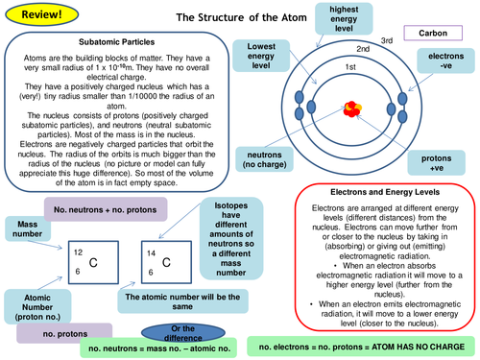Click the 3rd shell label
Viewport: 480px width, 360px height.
[413, 40]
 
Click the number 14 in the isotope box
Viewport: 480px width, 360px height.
[152, 252]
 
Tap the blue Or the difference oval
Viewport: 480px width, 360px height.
[176, 331]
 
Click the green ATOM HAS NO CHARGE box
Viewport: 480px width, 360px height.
[361, 343]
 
